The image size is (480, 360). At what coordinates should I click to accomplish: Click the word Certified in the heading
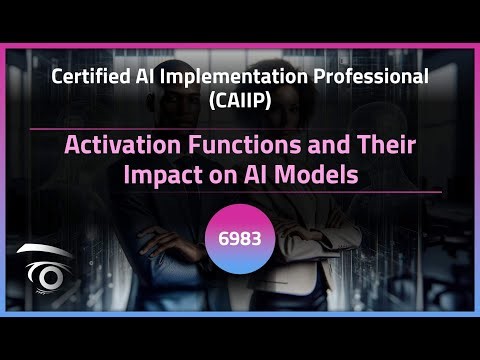pyautogui.click(x=93, y=77)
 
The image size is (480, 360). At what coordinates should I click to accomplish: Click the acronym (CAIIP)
pyautogui.click(x=240, y=100)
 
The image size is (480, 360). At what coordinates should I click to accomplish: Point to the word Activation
pyautogui.click(x=115, y=144)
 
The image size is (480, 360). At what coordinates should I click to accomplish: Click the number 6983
pyautogui.click(x=240, y=243)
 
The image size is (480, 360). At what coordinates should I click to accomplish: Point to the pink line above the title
pyautogui.click(x=240, y=129)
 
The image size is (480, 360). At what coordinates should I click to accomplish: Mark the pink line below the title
pyautogui.click(x=240, y=191)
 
